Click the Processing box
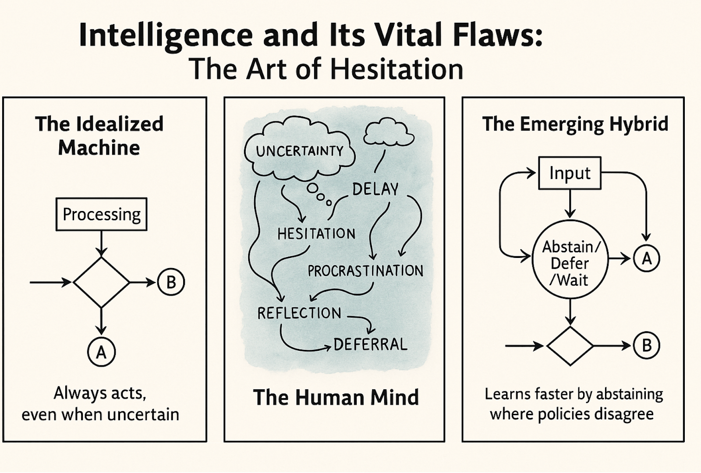[101, 214]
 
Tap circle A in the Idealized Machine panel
[101, 352]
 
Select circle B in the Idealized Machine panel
[171, 282]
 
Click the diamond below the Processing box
[101, 282]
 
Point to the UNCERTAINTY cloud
[300, 151]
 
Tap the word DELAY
[375, 189]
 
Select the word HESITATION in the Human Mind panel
[316, 234]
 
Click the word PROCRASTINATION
[365, 271]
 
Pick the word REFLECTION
[299, 313]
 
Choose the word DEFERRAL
[371, 344]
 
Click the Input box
[570, 173]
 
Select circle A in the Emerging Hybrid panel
[646, 259]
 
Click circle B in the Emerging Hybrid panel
[646, 346]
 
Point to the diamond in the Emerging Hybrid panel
[570, 346]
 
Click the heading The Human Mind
[336, 397]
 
